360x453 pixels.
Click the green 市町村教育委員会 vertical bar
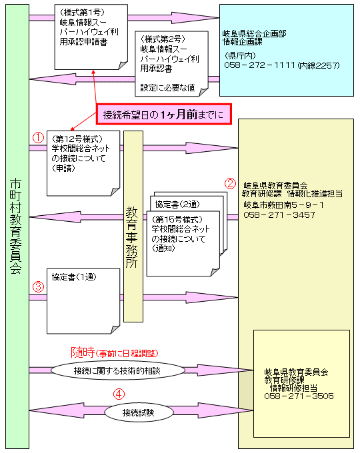17,226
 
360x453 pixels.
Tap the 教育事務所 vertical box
133,226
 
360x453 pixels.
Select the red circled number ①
38,138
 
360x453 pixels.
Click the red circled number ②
230,183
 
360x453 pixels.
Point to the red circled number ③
38,287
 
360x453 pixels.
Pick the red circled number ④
119,394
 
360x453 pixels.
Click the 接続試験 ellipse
139,412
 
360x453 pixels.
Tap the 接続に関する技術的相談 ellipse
118,370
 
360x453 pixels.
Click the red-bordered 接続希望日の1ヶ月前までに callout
164,115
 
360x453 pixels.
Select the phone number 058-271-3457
279,215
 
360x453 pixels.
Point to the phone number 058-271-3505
299,396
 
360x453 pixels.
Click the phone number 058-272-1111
259,65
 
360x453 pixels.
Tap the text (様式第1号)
82,13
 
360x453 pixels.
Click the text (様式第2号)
163,39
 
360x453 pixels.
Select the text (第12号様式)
77,139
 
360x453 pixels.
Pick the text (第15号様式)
177,219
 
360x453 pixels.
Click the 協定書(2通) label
177,205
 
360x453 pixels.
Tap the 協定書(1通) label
74,276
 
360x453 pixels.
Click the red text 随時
83,352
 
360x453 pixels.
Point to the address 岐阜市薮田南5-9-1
283,205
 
